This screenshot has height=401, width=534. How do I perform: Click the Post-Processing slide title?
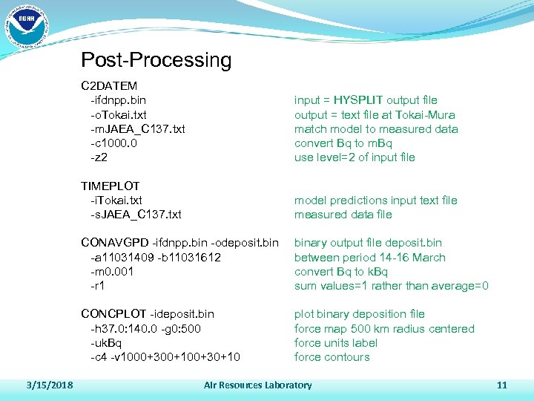(x=156, y=60)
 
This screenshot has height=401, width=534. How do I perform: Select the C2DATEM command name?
(x=109, y=85)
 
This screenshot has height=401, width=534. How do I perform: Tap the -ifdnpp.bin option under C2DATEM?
(x=118, y=100)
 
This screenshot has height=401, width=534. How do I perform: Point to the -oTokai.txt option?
(x=119, y=114)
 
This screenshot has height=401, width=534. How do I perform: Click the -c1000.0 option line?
(x=113, y=143)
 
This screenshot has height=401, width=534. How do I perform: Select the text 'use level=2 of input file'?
(x=355, y=157)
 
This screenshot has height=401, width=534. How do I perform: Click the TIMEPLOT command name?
(x=111, y=186)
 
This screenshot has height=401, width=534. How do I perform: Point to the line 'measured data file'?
(x=343, y=215)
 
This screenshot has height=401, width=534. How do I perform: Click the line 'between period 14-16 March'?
(x=369, y=258)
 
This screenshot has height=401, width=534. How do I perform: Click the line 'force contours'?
(x=332, y=357)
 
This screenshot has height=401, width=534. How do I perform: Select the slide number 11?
(x=501, y=385)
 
